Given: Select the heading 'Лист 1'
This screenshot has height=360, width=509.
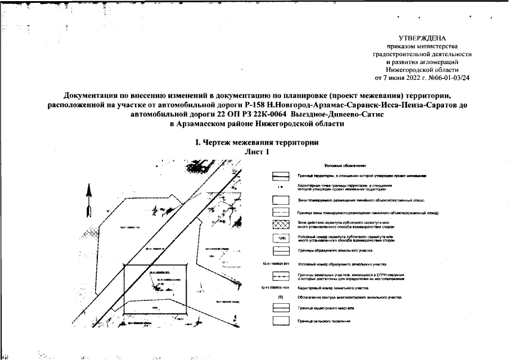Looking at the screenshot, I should [x=257, y=152].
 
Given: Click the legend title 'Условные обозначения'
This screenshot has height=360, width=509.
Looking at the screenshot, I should [x=345, y=165].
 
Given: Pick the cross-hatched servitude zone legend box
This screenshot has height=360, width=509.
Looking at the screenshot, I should [x=281, y=226].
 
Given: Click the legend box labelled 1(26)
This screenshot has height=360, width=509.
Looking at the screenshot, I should [x=281, y=238].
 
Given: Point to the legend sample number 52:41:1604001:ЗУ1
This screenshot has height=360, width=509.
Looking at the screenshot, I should [x=276, y=263].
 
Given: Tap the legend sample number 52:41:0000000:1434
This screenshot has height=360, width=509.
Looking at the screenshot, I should [x=276, y=287].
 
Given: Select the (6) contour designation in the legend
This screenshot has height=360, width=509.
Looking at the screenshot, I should [x=280, y=296].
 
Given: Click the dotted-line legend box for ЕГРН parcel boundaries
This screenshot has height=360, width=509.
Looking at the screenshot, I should [x=281, y=276].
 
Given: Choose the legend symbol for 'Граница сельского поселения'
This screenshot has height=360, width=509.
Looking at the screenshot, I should [x=281, y=321].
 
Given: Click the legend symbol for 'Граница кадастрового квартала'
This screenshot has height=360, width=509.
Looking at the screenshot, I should [x=281, y=308].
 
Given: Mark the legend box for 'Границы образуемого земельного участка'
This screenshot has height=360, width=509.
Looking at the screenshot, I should [x=281, y=250].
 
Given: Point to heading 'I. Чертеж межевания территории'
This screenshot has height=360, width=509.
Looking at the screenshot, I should [x=256, y=143].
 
